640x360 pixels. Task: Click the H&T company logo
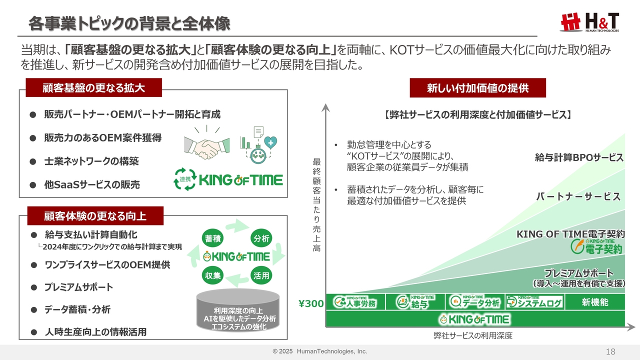click(589, 22)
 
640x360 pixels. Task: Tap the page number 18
click(610, 351)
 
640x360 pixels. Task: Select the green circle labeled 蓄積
click(212, 238)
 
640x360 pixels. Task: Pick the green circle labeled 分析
click(261, 238)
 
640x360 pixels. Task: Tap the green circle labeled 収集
click(212, 275)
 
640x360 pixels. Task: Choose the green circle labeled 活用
click(261, 275)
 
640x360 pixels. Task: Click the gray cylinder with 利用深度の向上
click(238, 310)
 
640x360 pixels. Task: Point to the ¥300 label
click(311, 303)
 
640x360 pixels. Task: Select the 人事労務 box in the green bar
click(355, 302)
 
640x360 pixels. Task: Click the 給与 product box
click(415, 302)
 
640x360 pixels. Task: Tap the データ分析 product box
click(475, 302)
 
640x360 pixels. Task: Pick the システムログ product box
click(534, 302)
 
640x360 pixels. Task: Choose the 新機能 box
click(595, 302)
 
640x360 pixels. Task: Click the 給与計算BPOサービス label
click(579, 157)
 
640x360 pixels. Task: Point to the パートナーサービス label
click(578, 196)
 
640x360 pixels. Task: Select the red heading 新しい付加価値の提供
click(477, 88)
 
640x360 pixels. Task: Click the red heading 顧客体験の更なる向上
click(95, 216)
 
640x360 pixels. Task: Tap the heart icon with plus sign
click(270, 142)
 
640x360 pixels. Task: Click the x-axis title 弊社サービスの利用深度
click(473, 335)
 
